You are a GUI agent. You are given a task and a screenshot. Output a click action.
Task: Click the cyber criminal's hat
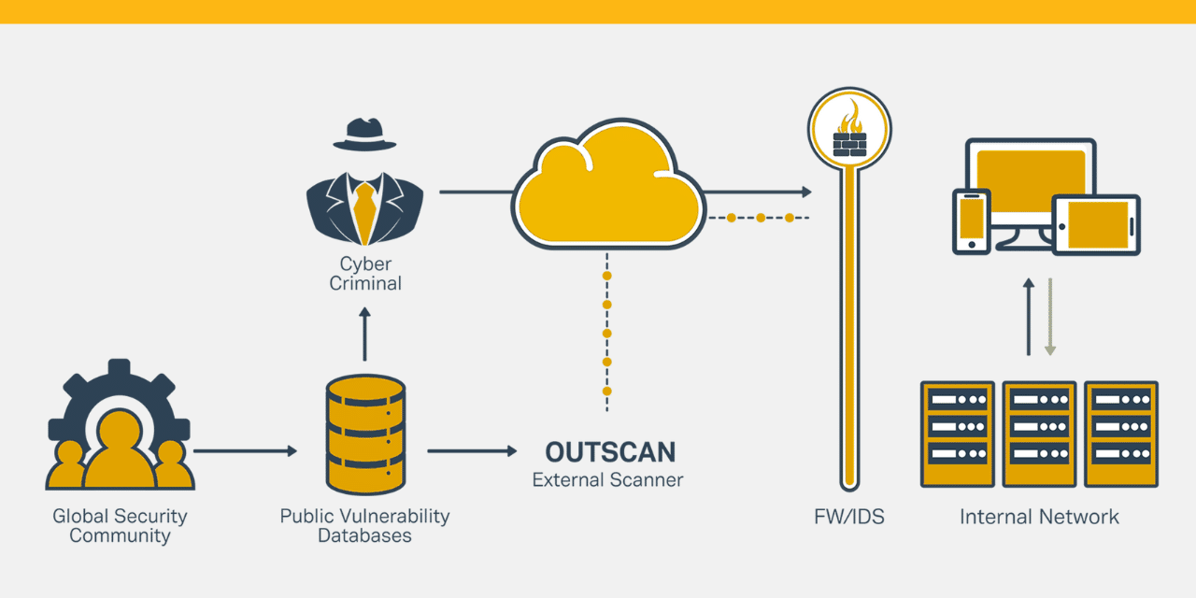(x=364, y=135)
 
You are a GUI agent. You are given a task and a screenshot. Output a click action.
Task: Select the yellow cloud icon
(x=607, y=187)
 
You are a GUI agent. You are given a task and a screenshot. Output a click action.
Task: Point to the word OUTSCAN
(x=610, y=452)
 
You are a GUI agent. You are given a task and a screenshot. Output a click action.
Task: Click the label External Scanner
(x=607, y=480)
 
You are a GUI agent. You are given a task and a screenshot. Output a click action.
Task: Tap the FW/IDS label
(x=848, y=517)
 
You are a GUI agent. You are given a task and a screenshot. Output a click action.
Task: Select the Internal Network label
(x=1039, y=517)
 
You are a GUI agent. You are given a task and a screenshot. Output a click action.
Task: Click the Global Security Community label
(x=120, y=526)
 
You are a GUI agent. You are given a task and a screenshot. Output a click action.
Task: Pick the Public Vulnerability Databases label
(x=364, y=526)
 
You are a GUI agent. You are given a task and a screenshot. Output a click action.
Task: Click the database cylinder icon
(x=365, y=434)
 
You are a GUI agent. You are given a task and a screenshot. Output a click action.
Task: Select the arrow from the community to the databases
(x=245, y=451)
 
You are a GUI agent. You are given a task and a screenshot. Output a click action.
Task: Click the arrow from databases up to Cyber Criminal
(x=364, y=336)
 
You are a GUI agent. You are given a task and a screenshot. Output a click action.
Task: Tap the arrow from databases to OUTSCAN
(x=472, y=451)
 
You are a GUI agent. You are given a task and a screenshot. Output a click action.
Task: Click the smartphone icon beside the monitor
(x=971, y=221)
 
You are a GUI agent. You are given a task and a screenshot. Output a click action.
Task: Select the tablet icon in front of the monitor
(x=1096, y=225)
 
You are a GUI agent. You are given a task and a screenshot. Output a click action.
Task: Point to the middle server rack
(x=1039, y=434)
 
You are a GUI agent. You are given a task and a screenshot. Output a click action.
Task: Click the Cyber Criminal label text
(x=364, y=273)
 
